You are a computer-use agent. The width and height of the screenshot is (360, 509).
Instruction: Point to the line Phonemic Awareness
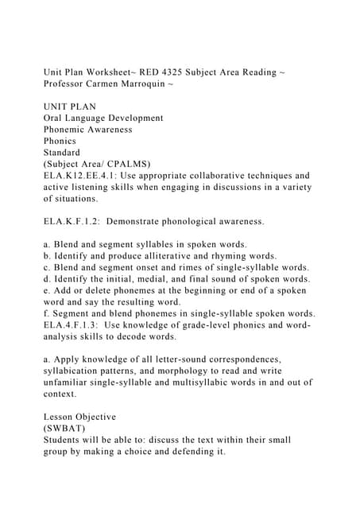click(87, 129)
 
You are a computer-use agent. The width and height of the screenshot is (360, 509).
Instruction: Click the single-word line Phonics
click(63, 140)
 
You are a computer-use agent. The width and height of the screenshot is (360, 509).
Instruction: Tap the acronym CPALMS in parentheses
click(134, 163)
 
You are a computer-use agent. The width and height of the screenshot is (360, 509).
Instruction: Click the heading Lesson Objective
click(79, 417)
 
